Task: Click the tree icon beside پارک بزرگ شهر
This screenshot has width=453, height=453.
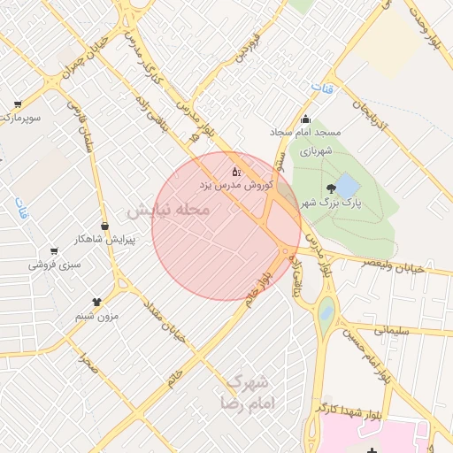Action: coord(331,188)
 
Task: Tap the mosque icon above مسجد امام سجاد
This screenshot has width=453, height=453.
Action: coord(305,119)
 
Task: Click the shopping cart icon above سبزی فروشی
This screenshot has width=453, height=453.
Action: coord(54,251)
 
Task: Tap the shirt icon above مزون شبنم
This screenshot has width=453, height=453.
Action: coord(96,303)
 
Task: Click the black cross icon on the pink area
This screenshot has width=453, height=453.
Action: coord(372,452)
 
